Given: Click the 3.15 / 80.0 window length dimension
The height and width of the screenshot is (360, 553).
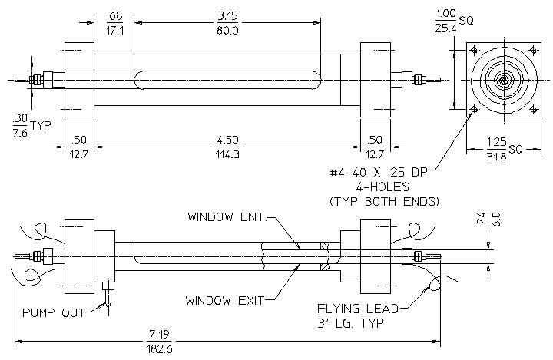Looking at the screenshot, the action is [227, 23].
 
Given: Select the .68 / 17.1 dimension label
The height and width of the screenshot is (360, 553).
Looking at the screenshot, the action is [114, 23].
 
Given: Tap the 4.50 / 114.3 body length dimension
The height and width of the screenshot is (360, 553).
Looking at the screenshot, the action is [227, 147].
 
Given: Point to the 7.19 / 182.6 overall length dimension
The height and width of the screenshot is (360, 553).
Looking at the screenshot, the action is [160, 342].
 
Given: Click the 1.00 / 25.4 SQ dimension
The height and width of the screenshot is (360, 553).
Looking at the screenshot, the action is [454, 21].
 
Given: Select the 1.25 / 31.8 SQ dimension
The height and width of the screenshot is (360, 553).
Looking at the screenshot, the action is [505, 150].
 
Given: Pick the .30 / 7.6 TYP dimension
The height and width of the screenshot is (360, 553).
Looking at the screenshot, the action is [31, 126].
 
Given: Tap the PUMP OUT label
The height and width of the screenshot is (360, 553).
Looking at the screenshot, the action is [54, 312].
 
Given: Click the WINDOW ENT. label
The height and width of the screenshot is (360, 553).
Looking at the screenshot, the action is [226, 217].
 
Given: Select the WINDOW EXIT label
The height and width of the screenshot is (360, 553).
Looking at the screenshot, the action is [224, 301].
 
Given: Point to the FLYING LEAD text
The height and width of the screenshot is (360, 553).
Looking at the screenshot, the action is [358, 309].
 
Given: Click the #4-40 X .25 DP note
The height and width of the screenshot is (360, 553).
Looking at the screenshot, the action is [379, 172].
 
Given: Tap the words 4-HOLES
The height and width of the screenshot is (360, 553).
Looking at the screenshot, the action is [382, 187].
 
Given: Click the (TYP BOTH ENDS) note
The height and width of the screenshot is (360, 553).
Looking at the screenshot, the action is [385, 201].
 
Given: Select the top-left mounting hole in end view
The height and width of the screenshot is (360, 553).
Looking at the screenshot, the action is [475, 50].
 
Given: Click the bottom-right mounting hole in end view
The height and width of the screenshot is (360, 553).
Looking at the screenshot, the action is [534, 109].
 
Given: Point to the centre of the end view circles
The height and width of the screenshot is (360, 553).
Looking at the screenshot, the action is [504, 80].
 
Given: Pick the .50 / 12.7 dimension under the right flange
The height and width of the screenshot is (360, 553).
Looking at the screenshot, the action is [374, 147].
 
